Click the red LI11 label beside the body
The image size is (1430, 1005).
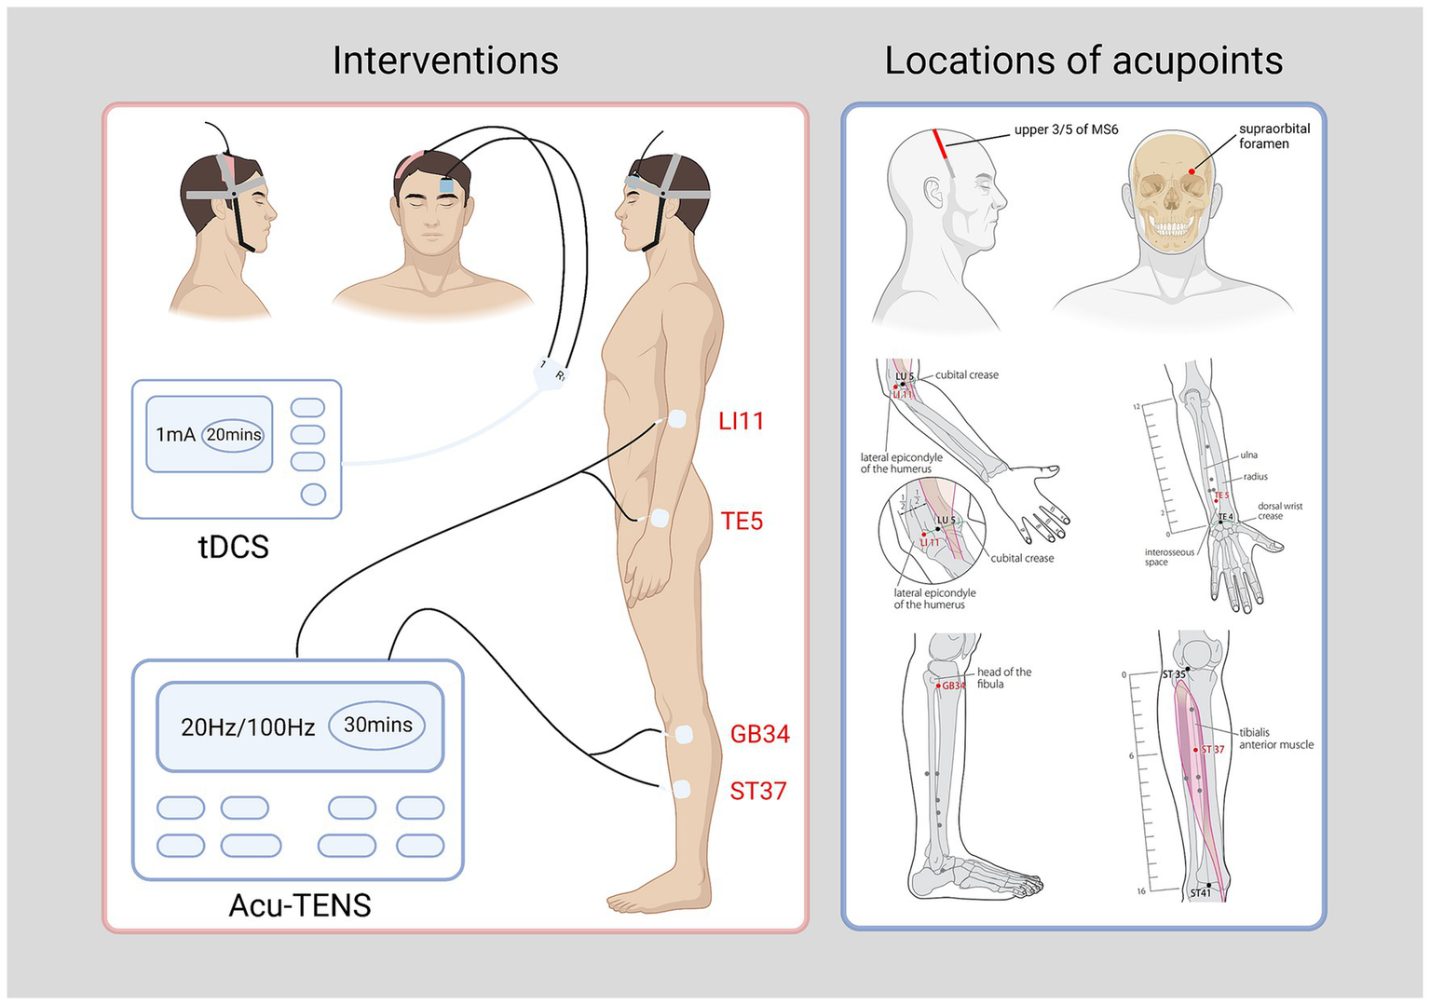[x=741, y=421]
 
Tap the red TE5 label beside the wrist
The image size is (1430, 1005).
[x=742, y=521]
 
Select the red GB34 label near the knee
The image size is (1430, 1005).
[x=759, y=734]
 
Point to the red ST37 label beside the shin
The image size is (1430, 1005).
[x=757, y=791]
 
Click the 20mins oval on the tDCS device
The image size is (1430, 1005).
[x=234, y=435]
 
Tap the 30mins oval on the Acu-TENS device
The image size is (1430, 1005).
[x=377, y=725]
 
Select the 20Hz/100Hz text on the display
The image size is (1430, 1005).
[x=248, y=727]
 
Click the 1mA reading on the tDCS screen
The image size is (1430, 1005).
[x=174, y=435]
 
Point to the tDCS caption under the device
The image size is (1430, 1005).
[x=234, y=547]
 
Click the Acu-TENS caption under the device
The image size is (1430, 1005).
[x=300, y=905]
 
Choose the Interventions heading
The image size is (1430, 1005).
[x=445, y=61]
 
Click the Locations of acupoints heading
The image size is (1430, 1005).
[x=1083, y=61]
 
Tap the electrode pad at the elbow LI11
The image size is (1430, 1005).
[x=677, y=419]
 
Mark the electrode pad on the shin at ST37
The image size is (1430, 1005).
[x=681, y=790]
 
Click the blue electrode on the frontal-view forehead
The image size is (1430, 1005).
[x=446, y=185]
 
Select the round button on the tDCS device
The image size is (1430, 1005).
[x=313, y=495]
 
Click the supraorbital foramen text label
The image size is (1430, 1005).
[x=1273, y=136]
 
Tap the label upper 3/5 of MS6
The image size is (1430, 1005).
[x=1066, y=129]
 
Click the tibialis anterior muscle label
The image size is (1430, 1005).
[x=1275, y=739]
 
